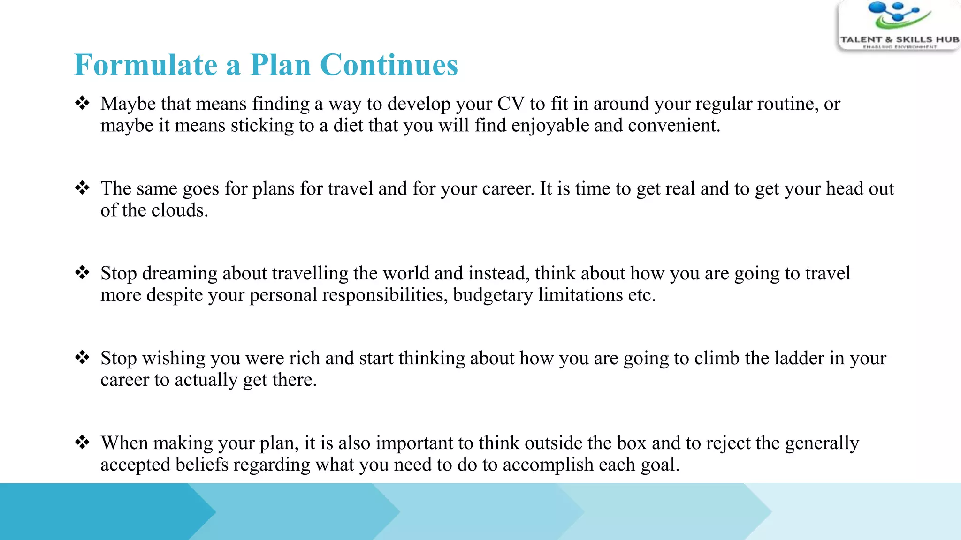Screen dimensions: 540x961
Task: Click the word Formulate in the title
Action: tap(145, 65)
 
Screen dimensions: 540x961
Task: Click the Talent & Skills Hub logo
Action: tap(899, 26)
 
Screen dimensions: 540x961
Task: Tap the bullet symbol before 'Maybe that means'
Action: tap(82, 103)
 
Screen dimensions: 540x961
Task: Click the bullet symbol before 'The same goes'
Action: tap(82, 188)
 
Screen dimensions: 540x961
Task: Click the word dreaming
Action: tap(179, 274)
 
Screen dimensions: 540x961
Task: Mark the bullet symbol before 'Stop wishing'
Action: tap(82, 358)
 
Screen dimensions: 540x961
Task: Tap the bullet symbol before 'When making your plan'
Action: tap(82, 442)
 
